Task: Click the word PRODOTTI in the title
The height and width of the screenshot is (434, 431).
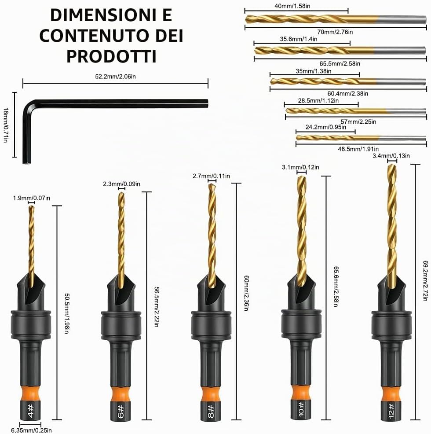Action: click(111, 56)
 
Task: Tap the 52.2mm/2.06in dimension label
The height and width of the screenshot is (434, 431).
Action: click(115, 77)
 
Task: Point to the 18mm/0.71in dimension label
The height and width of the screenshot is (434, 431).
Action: click(6, 125)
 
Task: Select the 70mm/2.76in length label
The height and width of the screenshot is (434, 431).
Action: click(335, 32)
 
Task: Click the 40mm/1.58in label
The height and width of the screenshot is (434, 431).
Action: click(292, 6)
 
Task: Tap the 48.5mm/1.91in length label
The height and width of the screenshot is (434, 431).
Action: click(358, 149)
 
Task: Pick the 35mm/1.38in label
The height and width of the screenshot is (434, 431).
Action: click(314, 71)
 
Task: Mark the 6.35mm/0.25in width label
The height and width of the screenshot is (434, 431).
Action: click(31, 430)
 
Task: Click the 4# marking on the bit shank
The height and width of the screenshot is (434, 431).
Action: click(31, 411)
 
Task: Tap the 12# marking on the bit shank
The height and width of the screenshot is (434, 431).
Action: click(391, 411)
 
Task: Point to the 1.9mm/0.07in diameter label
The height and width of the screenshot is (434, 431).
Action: click(32, 198)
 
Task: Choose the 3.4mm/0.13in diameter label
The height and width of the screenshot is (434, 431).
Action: click(391, 156)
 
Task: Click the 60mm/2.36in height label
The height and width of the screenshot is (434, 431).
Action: click(246, 293)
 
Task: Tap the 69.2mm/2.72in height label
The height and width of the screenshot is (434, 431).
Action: click(426, 280)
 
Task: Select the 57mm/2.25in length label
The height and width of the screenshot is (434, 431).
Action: click(358, 122)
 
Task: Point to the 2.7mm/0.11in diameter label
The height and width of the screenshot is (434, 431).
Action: click(212, 176)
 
